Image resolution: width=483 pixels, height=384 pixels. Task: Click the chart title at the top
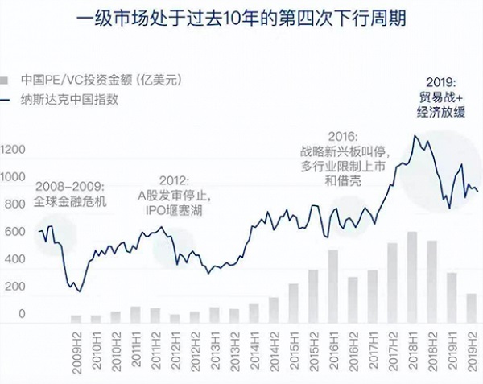(x=241, y=19)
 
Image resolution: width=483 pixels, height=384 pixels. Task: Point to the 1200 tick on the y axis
(x=14, y=150)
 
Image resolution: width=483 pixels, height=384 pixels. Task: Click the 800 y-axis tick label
(x=14, y=205)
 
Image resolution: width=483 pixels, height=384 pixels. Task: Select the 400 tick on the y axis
(x=14, y=260)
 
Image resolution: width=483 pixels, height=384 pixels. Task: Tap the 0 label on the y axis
(x=23, y=314)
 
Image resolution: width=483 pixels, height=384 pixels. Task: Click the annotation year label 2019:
(x=442, y=81)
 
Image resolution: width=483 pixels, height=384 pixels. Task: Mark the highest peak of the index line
(x=415, y=136)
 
